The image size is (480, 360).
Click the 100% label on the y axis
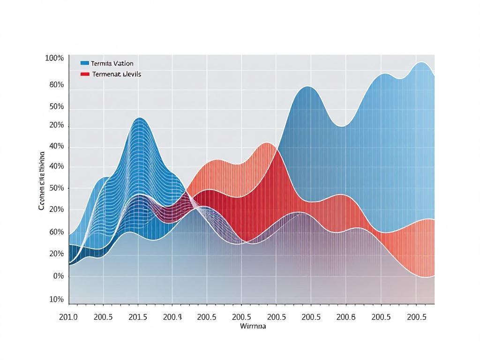click(x=54, y=58)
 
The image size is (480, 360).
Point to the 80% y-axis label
click(x=56, y=85)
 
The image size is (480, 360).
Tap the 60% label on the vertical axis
click(x=56, y=232)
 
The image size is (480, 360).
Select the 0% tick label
click(x=58, y=276)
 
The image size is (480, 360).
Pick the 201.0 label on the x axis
click(x=68, y=317)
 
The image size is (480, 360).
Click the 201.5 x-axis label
click(x=138, y=317)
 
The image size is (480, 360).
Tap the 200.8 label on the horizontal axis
click(x=346, y=317)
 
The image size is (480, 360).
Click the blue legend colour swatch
click(x=85, y=63)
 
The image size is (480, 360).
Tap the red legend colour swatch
click(x=85, y=74)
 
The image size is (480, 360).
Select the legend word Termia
click(x=101, y=63)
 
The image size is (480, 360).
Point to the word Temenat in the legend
click(x=106, y=74)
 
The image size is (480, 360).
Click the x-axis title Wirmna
click(x=253, y=326)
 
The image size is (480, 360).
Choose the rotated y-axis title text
click(x=42, y=180)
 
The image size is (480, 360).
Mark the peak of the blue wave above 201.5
click(x=139, y=118)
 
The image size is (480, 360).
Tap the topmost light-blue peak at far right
click(x=421, y=62)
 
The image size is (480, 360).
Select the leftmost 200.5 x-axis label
click(x=103, y=317)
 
